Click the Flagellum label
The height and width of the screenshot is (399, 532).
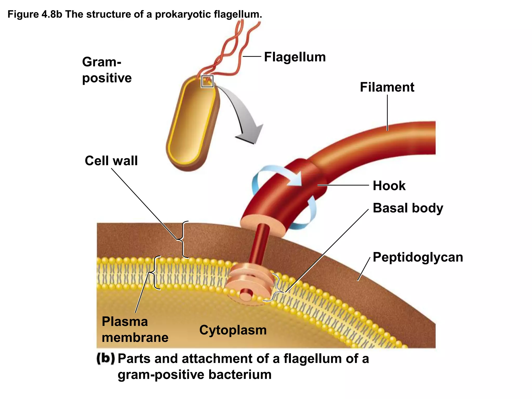(295, 57)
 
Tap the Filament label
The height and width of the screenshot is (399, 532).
(387, 87)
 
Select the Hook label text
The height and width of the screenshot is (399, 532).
(389, 186)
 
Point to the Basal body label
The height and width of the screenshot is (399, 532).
(408, 208)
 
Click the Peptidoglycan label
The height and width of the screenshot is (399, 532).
(418, 257)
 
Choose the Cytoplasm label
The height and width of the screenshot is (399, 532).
(233, 330)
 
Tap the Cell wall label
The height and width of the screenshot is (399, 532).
(111, 161)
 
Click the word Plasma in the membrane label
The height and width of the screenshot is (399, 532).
(125, 322)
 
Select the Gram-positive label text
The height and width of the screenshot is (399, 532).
(107, 70)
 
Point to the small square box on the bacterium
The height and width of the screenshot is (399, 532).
(207, 81)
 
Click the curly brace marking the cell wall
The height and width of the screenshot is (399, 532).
(183, 240)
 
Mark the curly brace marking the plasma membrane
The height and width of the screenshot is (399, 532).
(155, 272)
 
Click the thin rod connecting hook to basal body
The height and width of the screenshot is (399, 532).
(259, 244)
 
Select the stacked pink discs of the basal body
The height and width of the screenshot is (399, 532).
(249, 281)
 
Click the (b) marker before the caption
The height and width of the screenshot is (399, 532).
(105, 359)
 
